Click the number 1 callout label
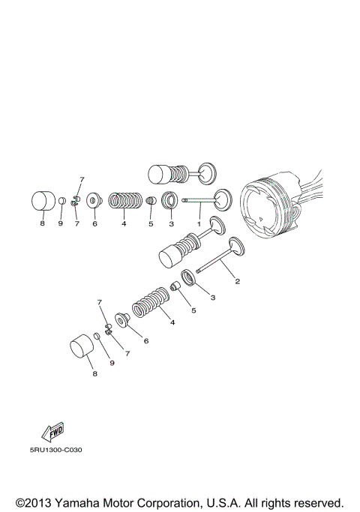tap(199, 223)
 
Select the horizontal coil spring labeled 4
tap(125, 202)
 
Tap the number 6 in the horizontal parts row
tap(95, 223)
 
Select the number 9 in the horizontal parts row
tap(61, 223)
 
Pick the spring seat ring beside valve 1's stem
tap(170, 202)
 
